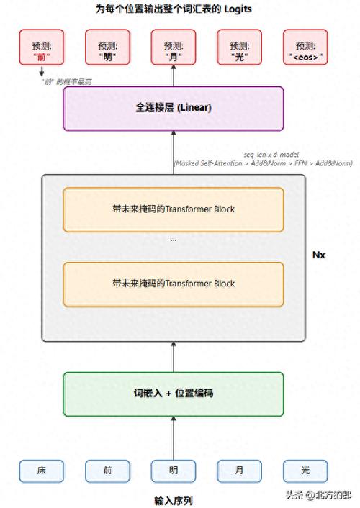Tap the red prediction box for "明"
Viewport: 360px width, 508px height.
point(107,47)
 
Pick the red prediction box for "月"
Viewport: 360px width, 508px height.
point(174,47)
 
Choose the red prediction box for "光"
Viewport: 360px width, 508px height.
point(239,47)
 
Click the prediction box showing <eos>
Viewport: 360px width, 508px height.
point(305,47)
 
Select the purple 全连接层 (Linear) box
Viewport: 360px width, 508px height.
point(173,109)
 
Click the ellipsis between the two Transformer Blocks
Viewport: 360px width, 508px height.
point(173,238)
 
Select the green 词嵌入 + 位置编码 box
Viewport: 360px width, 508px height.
point(173,394)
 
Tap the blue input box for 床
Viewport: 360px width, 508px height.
point(42,471)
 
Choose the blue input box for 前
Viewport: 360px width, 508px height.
point(107,471)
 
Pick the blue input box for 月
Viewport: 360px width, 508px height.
point(239,471)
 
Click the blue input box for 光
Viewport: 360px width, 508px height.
point(305,471)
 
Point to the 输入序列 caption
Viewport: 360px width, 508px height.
point(174,499)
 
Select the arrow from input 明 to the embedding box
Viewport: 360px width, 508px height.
point(174,437)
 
